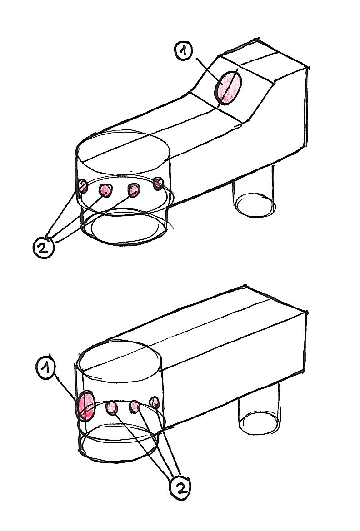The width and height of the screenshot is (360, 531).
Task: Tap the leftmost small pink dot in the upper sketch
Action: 83,186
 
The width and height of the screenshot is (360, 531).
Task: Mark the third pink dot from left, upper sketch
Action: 134,190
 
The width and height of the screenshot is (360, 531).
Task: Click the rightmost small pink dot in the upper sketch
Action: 158,183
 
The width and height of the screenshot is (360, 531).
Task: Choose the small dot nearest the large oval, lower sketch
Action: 111,408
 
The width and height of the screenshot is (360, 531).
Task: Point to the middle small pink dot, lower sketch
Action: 135,407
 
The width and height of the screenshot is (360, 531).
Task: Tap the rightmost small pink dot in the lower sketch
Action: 154,402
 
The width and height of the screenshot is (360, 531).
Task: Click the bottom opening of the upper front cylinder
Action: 125,228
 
